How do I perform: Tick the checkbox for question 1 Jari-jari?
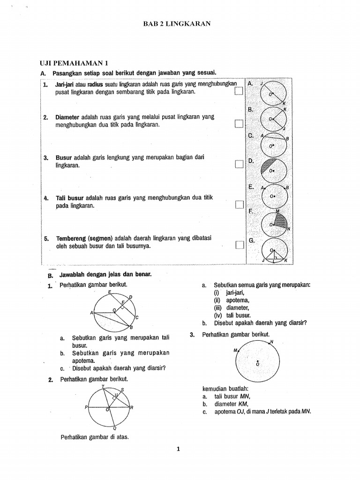pyautogui.click(x=239, y=92)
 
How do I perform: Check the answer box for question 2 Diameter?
pyautogui.click(x=239, y=124)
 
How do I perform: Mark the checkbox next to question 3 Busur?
pyautogui.click(x=239, y=164)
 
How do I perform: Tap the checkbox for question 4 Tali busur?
pyautogui.click(x=239, y=204)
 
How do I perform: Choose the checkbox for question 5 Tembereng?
pyautogui.click(x=239, y=245)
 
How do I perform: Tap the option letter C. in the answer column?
pyautogui.click(x=251, y=135)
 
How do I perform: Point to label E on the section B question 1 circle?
pyautogui.click(x=109, y=292)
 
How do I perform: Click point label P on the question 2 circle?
pyautogui.click(x=86, y=407)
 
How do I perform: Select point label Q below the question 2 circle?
pyautogui.click(x=115, y=428)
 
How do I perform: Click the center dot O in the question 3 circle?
pyautogui.click(x=257, y=360)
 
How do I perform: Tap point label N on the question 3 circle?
pyautogui.click(x=272, y=342)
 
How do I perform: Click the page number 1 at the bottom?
pyautogui.click(x=178, y=449)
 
